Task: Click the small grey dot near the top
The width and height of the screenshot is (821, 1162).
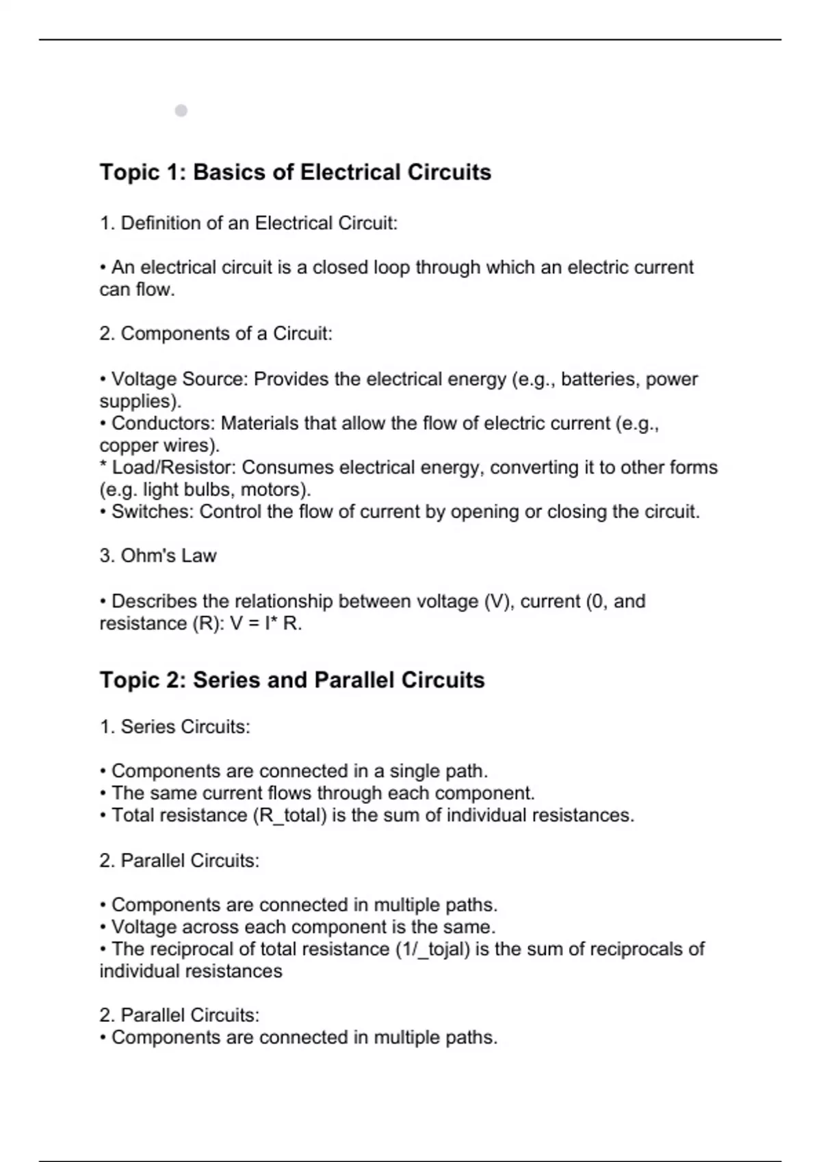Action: pyautogui.click(x=181, y=111)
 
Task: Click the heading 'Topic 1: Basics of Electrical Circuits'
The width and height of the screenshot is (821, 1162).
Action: pyautogui.click(x=295, y=172)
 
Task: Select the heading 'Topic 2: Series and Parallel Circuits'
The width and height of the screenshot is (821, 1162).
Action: pyautogui.click(x=291, y=680)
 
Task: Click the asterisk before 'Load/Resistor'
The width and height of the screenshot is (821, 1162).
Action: pyautogui.click(x=103, y=467)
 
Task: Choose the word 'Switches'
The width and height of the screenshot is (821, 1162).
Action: pyautogui.click(x=152, y=512)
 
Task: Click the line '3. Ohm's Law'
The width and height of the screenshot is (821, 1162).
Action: pyautogui.click(x=157, y=556)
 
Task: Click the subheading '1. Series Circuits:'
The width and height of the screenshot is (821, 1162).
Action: pyautogui.click(x=174, y=727)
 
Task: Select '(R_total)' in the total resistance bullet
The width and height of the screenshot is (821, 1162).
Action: pyautogui.click(x=289, y=815)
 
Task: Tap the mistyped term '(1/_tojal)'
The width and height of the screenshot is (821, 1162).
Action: pyautogui.click(x=432, y=949)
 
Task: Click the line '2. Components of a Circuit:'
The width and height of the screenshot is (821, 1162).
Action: pyautogui.click(x=216, y=334)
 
